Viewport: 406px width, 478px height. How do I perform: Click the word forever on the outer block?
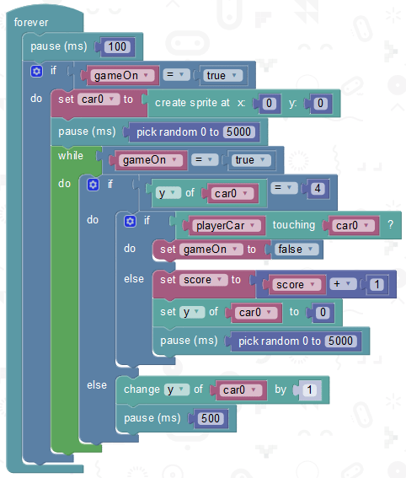[x=31, y=22]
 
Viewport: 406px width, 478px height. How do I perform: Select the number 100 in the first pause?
[x=117, y=46]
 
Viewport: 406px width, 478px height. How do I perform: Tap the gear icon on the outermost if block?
[x=36, y=72]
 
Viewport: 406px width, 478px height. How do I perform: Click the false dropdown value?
[x=296, y=250]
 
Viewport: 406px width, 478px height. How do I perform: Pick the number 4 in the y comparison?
[x=318, y=188]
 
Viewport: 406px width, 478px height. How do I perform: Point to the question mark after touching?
[x=391, y=225]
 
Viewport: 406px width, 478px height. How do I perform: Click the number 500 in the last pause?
[x=211, y=418]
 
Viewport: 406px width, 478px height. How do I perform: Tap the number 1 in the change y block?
[x=310, y=389]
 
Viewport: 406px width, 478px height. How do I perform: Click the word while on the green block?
[x=71, y=156]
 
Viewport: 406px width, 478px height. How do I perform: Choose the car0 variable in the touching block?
[x=352, y=226]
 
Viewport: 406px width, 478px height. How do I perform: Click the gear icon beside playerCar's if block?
[x=130, y=221]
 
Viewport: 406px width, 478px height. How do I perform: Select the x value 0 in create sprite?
[x=269, y=104]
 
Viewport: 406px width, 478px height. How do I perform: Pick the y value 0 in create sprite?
[x=320, y=104]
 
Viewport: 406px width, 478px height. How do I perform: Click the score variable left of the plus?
[x=295, y=285]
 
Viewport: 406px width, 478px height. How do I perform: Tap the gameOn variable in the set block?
[x=210, y=250]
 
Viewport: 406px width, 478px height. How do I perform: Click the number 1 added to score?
[x=377, y=284]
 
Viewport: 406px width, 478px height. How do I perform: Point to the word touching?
[x=294, y=225]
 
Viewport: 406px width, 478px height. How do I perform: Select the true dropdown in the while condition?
[x=250, y=160]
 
